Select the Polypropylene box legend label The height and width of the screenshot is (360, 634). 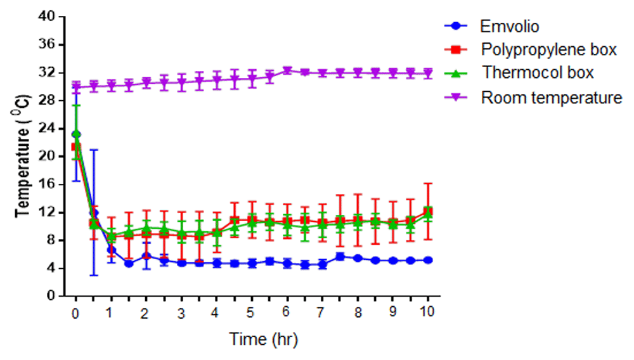[548, 49]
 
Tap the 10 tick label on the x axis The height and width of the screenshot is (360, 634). [427, 312]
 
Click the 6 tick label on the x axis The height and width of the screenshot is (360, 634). [287, 312]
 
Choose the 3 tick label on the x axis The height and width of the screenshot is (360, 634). [181, 312]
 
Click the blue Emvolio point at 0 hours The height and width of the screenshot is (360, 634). [76, 134]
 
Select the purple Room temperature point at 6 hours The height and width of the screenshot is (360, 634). [287, 70]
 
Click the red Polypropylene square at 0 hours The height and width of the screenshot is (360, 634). [76, 147]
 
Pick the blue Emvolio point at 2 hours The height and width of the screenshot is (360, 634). [146, 256]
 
